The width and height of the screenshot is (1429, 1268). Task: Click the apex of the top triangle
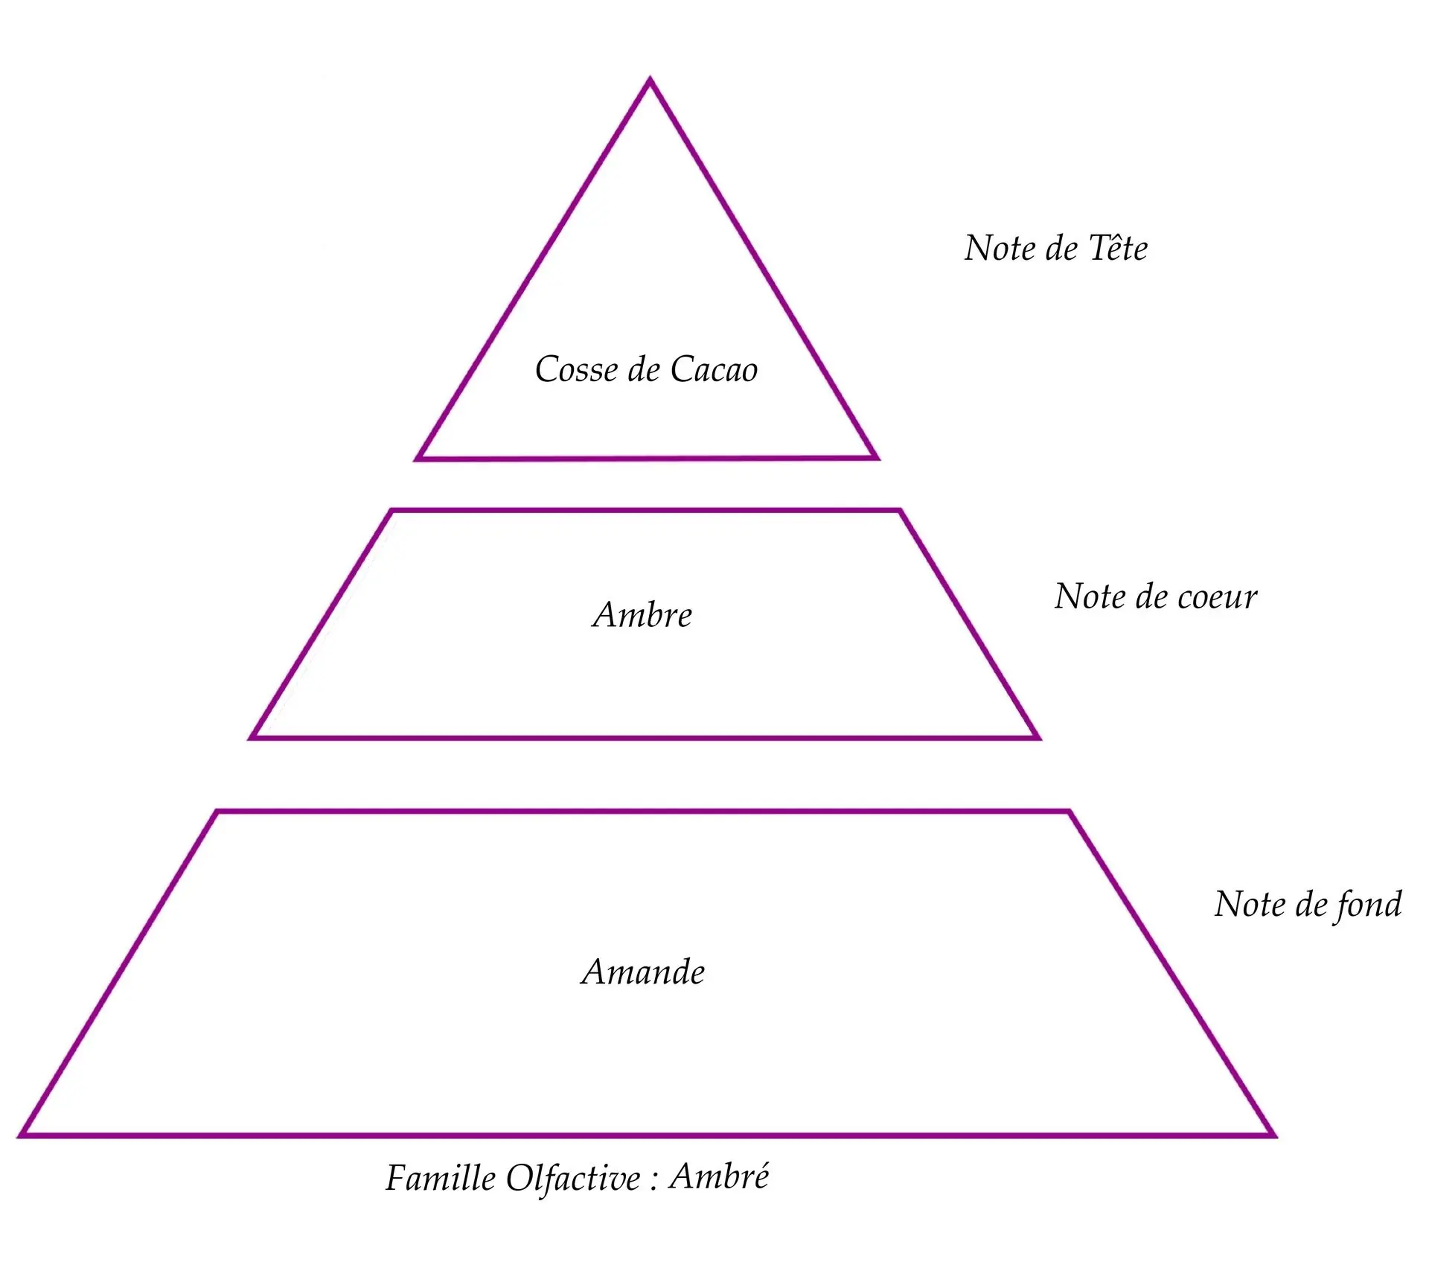(650, 79)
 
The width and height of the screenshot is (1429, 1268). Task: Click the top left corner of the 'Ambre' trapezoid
(392, 511)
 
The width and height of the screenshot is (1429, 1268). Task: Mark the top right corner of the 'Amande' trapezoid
(1069, 812)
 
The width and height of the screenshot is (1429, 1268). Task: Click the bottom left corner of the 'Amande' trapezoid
(21, 1135)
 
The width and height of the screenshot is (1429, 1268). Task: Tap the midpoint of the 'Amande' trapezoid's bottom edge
(648, 1135)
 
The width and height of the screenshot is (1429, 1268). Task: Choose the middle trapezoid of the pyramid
(645, 624)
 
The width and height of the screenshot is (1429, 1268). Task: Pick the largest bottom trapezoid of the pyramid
(648, 973)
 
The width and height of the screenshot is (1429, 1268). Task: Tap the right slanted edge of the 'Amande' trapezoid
(1171, 973)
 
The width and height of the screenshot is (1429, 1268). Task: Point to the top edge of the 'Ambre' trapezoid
(646, 511)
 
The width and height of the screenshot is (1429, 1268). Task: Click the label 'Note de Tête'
(1056, 248)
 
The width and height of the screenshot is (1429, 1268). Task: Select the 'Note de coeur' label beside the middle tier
(1156, 596)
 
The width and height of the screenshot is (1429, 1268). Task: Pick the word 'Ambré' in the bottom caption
(719, 1176)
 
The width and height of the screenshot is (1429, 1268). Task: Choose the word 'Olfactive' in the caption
(573, 1179)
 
